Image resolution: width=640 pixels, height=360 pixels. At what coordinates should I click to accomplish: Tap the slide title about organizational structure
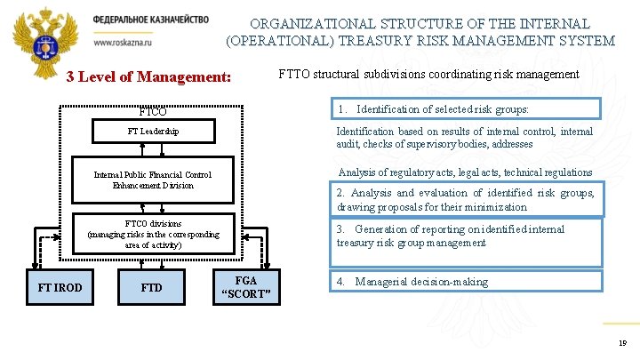pyautogui.click(x=420, y=32)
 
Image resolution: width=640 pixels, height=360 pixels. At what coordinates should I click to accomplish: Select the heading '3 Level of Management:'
pyautogui.click(x=148, y=76)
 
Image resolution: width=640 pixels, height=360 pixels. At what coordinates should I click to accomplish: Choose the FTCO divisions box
pyautogui.click(x=153, y=234)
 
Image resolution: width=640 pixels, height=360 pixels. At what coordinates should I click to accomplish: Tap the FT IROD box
pyautogui.click(x=60, y=287)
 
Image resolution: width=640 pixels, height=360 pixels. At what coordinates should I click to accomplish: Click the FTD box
pyautogui.click(x=152, y=287)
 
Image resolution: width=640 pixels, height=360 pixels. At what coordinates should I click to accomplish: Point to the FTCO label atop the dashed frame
pyautogui.click(x=153, y=112)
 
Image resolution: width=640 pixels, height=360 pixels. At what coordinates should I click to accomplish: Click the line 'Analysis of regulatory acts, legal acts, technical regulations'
pyautogui.click(x=465, y=172)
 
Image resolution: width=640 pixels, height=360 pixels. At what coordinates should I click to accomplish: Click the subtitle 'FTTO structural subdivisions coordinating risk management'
pyautogui.click(x=428, y=75)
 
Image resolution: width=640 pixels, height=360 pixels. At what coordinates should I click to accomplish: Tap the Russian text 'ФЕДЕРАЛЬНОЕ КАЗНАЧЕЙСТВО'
pyautogui.click(x=150, y=20)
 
